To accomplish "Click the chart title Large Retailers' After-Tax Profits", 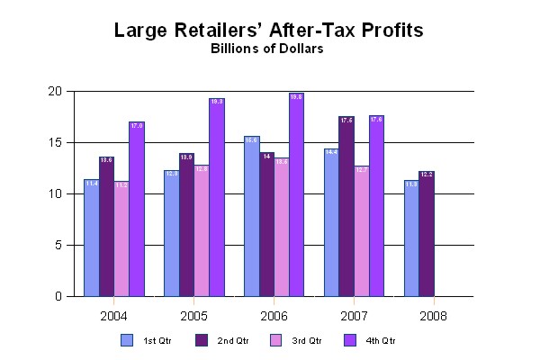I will [268, 31].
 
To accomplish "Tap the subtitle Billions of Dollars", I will [268, 50].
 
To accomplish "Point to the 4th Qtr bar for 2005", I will [216, 197].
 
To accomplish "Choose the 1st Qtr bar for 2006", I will [252, 216].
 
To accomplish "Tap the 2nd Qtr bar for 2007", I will [346, 206].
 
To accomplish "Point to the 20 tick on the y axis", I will [54, 91].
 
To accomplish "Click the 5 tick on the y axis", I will [57, 245].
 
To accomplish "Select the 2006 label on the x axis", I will [274, 316].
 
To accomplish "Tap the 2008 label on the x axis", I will [433, 316].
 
